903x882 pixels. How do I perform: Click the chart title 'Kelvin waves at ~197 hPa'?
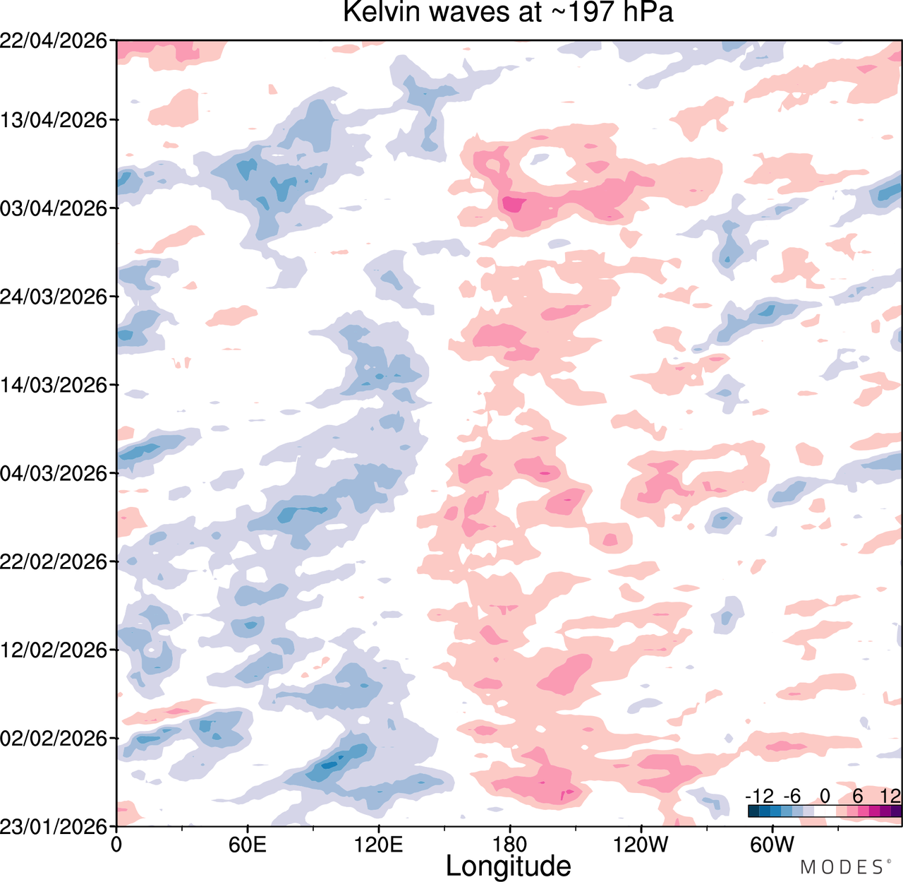click(x=508, y=11)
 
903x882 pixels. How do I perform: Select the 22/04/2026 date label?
click(x=54, y=41)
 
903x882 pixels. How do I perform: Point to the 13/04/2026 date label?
click(x=54, y=120)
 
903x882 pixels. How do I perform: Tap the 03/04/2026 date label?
click(x=54, y=208)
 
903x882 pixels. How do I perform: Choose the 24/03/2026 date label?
click(x=54, y=297)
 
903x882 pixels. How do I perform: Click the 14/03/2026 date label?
click(x=54, y=385)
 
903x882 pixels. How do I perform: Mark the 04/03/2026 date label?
click(x=54, y=473)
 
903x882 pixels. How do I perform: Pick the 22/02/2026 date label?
click(x=54, y=561)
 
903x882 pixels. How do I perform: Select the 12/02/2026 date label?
click(x=54, y=650)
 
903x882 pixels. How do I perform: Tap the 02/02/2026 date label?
click(x=54, y=738)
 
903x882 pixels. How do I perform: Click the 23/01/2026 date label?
click(x=54, y=826)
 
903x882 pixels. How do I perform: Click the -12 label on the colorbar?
click(x=760, y=797)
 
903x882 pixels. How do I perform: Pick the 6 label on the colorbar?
click(x=858, y=797)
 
